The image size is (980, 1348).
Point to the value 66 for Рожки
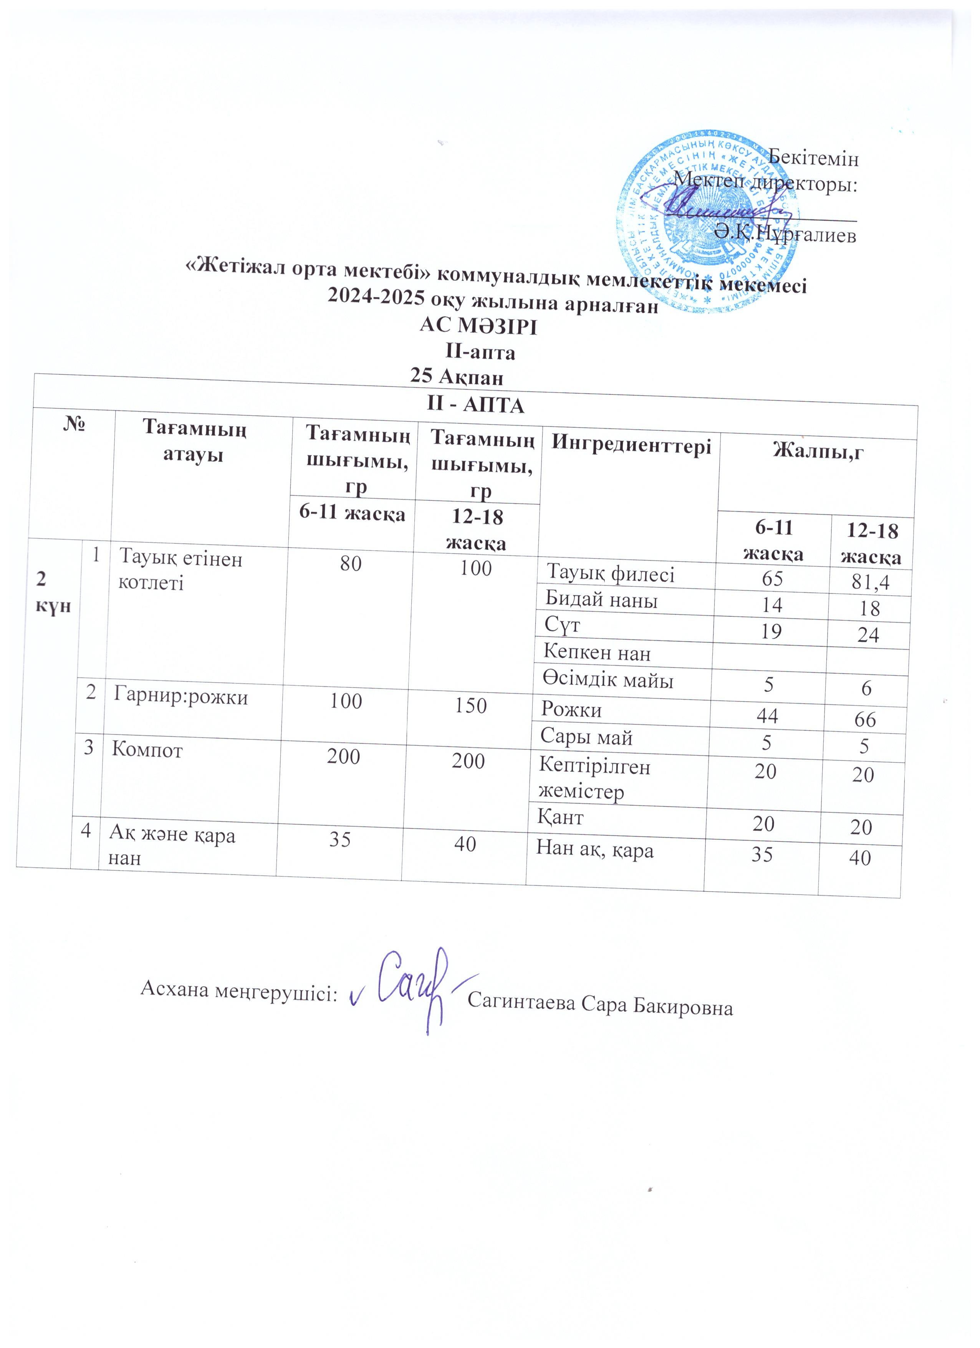(x=865, y=720)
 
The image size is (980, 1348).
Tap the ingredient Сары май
(x=586, y=738)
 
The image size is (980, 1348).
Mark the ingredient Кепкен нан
(x=597, y=653)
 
